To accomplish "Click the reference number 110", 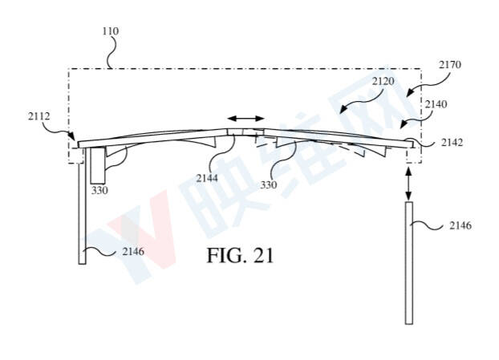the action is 111,31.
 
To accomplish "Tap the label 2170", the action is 450,65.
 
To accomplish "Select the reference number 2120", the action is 383,82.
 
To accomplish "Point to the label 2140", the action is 436,104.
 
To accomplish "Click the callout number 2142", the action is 452,143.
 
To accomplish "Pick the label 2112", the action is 39,116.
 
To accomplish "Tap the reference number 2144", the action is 207,178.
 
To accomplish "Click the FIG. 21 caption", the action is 240,256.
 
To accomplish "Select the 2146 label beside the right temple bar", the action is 460,225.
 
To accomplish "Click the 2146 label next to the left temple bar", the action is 133,252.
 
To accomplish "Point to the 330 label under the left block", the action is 99,191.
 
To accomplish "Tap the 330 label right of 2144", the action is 269,184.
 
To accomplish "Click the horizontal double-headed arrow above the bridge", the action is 245,119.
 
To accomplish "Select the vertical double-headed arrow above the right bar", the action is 409,184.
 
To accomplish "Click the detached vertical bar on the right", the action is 409,263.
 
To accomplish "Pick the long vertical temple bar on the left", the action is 82,206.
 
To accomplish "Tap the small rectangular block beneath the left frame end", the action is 97,166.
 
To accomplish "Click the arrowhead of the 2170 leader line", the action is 409,94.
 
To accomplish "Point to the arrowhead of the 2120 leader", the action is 342,111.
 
